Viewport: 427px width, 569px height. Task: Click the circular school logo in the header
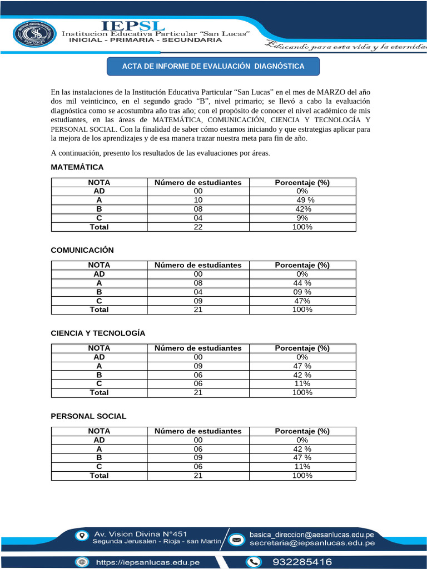34,35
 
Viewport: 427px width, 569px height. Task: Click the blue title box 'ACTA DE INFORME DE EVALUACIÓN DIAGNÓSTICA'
213,67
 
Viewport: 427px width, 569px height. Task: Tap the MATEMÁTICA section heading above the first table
77,167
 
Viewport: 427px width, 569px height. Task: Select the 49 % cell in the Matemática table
305,200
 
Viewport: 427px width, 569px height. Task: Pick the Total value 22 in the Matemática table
198,227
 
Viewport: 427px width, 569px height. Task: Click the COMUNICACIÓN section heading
82,250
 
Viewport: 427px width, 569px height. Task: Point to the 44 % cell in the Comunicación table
302,283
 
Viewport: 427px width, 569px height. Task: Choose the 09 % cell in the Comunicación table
302,292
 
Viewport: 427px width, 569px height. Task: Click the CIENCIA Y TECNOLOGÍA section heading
98,333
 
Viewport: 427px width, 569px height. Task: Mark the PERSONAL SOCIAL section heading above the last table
88,416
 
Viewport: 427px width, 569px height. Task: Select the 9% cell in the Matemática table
302,218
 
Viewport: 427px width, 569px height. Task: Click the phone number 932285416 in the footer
302,562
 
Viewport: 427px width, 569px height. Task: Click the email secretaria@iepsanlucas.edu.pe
312,543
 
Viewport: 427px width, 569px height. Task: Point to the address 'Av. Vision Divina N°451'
136,535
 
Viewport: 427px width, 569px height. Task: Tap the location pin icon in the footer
82,536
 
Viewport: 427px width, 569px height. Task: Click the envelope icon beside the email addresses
236,539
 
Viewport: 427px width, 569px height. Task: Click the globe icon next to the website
83,562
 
